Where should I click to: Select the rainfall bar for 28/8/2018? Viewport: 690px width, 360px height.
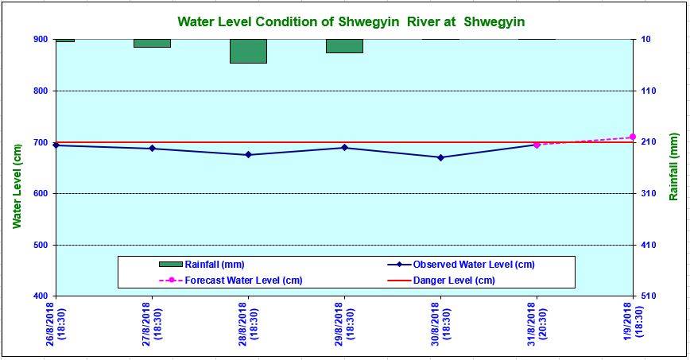pos(248,51)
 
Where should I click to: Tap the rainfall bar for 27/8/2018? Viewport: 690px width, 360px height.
pos(152,43)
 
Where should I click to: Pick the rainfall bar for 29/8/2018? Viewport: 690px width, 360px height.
pos(344,46)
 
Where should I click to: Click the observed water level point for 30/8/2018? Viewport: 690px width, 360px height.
pos(440,157)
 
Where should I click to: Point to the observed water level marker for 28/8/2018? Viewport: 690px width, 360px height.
pos(248,155)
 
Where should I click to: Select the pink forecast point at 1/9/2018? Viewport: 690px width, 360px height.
pos(633,137)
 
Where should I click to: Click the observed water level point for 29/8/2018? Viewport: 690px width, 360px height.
pos(344,148)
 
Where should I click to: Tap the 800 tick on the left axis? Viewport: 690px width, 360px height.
pos(40,91)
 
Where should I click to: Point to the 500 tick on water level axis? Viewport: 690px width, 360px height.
pos(40,245)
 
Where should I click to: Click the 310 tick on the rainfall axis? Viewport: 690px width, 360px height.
pos(648,193)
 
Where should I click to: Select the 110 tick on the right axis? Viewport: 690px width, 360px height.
pos(648,91)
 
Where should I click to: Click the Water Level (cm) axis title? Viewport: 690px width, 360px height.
pos(17,187)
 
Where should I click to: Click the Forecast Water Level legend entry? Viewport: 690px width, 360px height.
pos(243,281)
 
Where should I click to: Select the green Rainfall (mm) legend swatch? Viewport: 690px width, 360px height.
pos(170,264)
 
